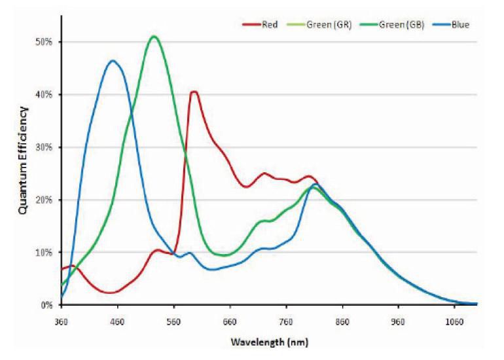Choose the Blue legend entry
click(456, 25)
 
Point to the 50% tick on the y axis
click(43, 42)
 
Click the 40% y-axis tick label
click(43, 94)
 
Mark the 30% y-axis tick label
click(43, 147)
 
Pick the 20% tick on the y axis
click(43, 200)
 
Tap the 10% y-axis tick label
click(43, 252)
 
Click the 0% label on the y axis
click(45, 305)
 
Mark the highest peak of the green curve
click(154, 37)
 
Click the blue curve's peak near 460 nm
click(113, 61)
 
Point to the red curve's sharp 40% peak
click(193, 92)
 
